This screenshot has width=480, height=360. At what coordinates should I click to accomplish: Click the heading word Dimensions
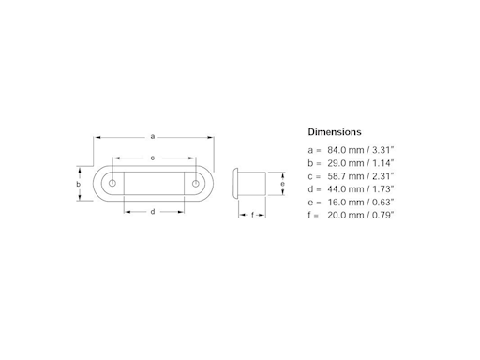(x=335, y=132)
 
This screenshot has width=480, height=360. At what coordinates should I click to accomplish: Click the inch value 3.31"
(x=382, y=150)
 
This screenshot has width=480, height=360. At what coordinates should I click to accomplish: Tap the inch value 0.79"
(x=382, y=216)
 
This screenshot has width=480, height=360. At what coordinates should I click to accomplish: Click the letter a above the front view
(x=153, y=137)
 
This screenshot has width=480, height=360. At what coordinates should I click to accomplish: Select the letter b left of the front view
(x=79, y=185)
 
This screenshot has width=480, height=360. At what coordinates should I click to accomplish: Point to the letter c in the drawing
(x=153, y=157)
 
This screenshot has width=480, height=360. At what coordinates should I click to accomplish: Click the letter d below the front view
(x=153, y=212)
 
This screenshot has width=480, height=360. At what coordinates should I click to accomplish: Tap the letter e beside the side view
(x=282, y=185)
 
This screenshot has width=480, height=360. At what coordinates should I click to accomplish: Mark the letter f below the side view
(x=252, y=215)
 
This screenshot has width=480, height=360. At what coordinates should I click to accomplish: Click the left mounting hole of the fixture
(x=112, y=185)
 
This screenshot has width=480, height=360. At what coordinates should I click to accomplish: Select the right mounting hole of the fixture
(x=195, y=185)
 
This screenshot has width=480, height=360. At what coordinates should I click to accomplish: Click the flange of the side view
(x=238, y=185)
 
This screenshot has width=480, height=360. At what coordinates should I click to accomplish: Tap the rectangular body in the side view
(x=255, y=185)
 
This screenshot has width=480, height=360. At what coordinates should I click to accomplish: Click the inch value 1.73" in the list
(x=382, y=189)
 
